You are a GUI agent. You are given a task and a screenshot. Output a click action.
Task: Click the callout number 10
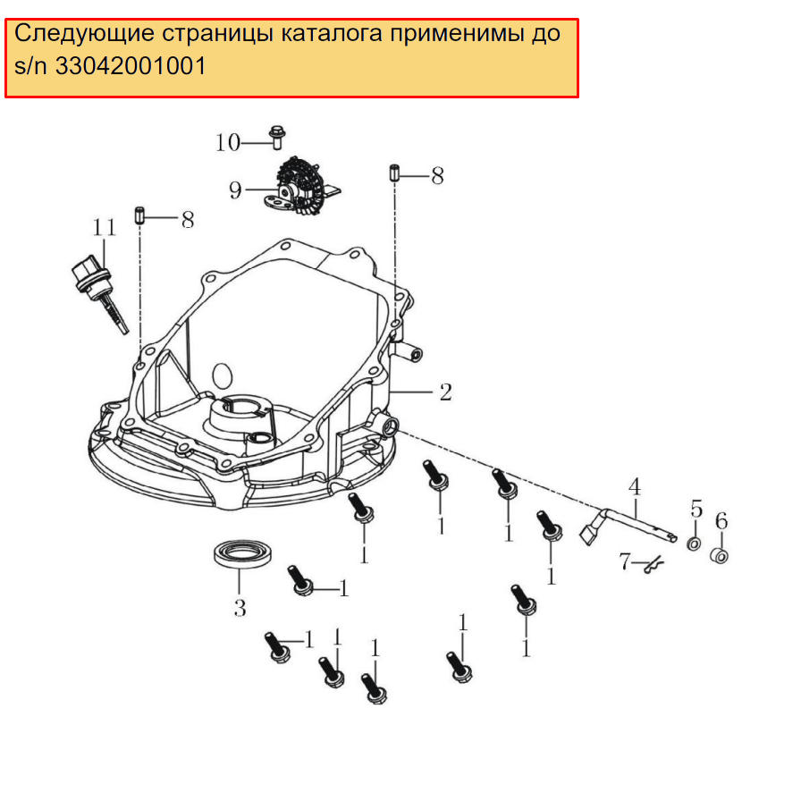(228, 142)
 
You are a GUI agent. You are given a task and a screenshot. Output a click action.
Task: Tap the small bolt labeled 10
(277, 137)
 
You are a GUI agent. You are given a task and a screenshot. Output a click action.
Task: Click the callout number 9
(235, 190)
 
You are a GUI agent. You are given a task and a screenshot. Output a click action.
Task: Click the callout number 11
(105, 227)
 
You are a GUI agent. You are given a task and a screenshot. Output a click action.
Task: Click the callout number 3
(240, 608)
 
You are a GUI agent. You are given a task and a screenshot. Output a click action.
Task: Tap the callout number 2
(445, 392)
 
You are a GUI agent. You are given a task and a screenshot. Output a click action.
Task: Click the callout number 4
(635, 487)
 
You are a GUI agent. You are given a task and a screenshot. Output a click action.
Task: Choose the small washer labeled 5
(694, 544)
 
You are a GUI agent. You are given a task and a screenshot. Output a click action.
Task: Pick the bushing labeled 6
(720, 555)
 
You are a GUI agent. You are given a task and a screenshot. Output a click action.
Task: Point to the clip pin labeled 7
(653, 565)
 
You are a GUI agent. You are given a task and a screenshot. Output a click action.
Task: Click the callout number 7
(625, 561)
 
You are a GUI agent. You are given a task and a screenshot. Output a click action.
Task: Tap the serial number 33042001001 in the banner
(131, 66)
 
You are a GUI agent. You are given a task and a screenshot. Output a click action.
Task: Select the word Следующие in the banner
(84, 34)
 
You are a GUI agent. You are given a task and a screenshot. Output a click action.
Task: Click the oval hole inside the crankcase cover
(222, 375)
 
